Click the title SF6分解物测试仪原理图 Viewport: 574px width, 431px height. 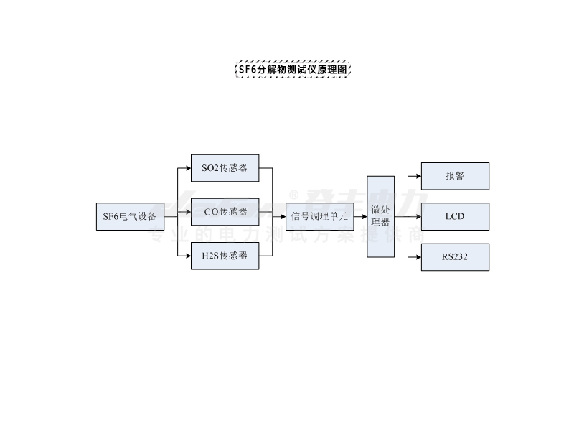pos(293,70)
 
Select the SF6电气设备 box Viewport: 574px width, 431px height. pos(130,216)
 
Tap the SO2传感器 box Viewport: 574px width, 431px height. pos(225,168)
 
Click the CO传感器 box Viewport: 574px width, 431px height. pos(225,212)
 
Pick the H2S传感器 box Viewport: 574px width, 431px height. pos(225,256)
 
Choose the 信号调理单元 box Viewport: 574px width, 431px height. pos(319,216)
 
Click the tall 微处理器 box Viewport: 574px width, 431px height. pos(380,216)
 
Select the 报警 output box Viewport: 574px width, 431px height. pos(455,176)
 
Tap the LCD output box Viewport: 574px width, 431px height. pos(455,216)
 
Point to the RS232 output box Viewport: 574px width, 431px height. pos(455,257)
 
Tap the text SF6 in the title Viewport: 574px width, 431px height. pos(248,70)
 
